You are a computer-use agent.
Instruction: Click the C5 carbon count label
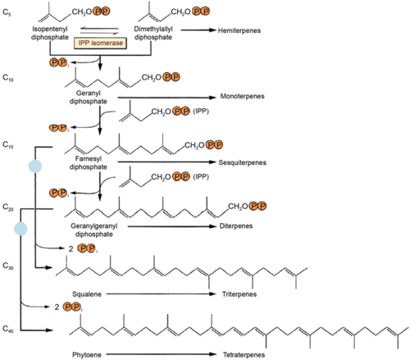click(x=7, y=12)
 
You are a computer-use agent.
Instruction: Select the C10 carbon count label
click(x=9, y=78)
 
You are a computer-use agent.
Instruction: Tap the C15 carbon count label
click(x=9, y=144)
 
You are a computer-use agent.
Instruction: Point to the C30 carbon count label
click(x=9, y=267)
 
